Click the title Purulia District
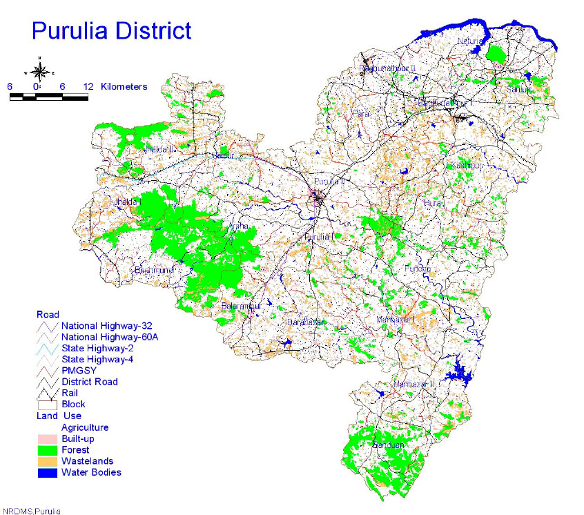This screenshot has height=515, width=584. tap(111, 30)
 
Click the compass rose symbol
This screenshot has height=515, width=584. tap(39, 70)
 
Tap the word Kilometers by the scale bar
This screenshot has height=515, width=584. tap(124, 86)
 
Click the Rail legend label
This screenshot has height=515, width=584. tap(70, 393)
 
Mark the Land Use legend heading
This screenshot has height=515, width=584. tap(59, 416)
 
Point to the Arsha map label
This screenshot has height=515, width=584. tap(238, 226)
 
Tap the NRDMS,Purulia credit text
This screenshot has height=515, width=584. tap(31, 511)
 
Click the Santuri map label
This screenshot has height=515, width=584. tap(518, 89)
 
